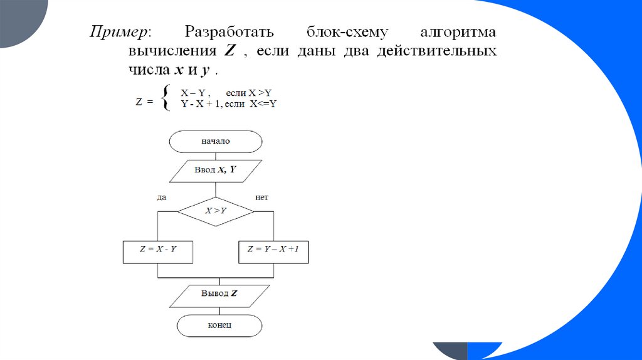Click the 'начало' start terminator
216,141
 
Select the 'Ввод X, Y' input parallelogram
215,170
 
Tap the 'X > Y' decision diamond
216,211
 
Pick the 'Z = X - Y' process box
157,250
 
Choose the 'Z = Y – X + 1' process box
273,250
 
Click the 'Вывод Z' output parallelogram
219,294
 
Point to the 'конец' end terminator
219,326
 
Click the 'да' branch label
161,198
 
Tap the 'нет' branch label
262,198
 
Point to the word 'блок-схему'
346,31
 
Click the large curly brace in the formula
165,98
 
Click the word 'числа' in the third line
148,68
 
